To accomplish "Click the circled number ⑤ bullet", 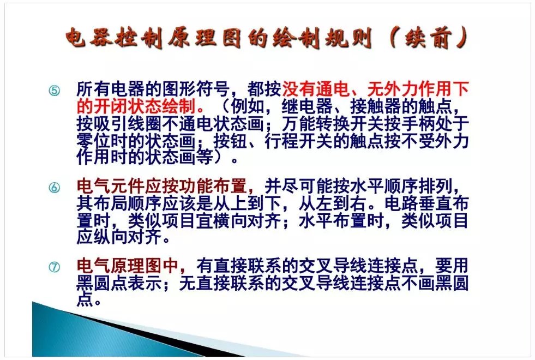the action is coord(54,91).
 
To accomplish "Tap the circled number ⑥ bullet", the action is coord(54,187).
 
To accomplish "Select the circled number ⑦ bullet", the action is coord(54,267).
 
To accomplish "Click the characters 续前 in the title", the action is coord(429,37).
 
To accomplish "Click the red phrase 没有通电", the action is coord(316,89).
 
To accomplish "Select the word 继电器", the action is coord(307,106).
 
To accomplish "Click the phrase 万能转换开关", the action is coord(333,123).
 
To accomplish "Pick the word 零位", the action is coord(94,140).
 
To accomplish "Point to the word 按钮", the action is coord(230,140).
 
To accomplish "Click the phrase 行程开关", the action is coord(299,140).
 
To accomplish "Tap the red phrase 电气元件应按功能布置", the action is coord(162,187).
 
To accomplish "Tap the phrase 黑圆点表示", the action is coord(119,283).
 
